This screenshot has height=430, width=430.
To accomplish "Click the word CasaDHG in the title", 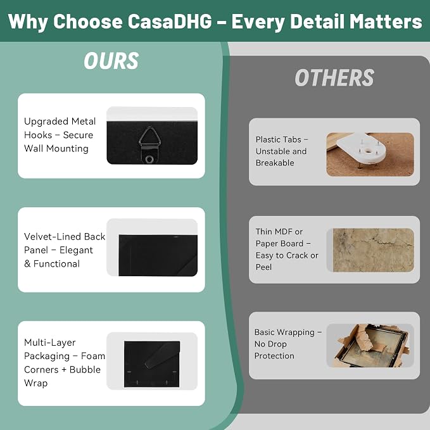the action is (x=170, y=22).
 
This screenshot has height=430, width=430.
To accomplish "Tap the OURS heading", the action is (x=111, y=61).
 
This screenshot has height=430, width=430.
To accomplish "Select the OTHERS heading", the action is (x=334, y=78).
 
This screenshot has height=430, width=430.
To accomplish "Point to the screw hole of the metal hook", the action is (x=149, y=159).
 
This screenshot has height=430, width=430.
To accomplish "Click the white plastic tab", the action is (x=362, y=148).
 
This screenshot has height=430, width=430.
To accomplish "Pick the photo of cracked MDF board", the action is (x=373, y=250).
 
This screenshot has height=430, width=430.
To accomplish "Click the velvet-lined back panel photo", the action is (x=158, y=255).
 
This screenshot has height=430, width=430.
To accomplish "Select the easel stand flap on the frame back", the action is (x=162, y=355).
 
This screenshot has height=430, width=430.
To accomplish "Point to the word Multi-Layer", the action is (x=49, y=343).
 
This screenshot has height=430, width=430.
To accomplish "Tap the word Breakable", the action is (x=275, y=163).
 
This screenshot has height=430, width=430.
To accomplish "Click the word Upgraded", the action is (x=46, y=122).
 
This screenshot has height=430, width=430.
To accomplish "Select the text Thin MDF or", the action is (x=279, y=232).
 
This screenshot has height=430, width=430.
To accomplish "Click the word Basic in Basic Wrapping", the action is (x=264, y=332).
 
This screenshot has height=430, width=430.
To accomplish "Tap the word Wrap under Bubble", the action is (x=35, y=383).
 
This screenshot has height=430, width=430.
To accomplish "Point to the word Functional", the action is (x=56, y=264).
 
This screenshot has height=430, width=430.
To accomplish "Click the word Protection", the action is (x=274, y=356).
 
